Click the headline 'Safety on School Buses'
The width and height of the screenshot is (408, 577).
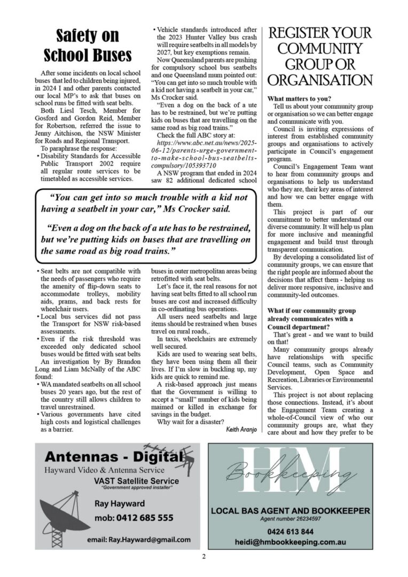click(x=87, y=46)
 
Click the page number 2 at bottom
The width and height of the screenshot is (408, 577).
click(x=204, y=557)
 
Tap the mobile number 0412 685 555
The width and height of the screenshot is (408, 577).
click(x=134, y=517)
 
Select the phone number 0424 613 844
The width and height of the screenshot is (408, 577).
click(x=291, y=532)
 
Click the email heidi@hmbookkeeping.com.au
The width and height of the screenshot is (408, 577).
click(x=291, y=542)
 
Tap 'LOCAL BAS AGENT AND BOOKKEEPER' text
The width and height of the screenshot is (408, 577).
click(x=291, y=511)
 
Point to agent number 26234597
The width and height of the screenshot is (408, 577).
click(x=291, y=519)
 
